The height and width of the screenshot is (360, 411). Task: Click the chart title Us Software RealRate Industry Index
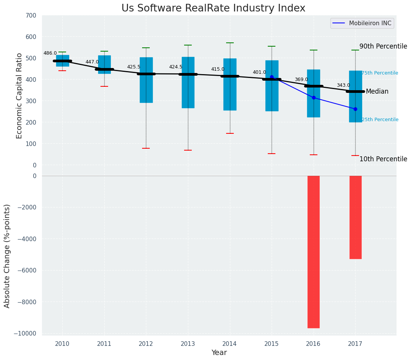[x=213, y=8]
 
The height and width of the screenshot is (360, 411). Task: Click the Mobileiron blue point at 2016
[x=314, y=98]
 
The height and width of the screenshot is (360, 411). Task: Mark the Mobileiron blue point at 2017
[x=355, y=109]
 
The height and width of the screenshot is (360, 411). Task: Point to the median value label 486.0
[x=50, y=54]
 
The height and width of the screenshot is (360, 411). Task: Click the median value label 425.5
[x=134, y=67]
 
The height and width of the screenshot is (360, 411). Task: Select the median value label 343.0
[x=343, y=85]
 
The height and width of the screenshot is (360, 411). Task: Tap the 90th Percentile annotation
[x=383, y=46]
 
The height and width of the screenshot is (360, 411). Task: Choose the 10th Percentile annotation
[x=383, y=159]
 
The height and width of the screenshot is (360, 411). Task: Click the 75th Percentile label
[x=380, y=73]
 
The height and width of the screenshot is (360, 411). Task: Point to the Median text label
[x=377, y=92]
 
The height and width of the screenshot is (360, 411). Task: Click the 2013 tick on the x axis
[x=188, y=344]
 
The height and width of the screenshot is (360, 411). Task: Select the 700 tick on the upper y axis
[x=31, y=16]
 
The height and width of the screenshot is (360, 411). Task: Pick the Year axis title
[x=219, y=353]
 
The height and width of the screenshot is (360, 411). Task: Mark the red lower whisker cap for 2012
[x=146, y=148]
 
